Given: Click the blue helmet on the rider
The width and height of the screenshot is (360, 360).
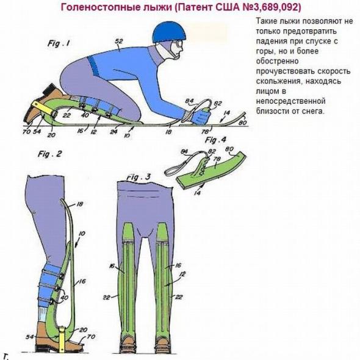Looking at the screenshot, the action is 169,34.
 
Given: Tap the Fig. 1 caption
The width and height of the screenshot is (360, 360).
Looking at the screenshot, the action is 59,43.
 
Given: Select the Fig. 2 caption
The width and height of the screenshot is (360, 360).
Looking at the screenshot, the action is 50,154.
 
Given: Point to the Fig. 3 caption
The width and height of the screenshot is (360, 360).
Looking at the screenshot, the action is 139,177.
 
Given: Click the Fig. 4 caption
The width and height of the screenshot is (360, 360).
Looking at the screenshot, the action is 215,140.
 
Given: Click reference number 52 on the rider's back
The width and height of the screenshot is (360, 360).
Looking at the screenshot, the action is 119,41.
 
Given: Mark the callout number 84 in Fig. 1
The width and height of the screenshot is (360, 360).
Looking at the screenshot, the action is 189,101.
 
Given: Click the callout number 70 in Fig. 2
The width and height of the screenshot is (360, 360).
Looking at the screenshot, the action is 91,337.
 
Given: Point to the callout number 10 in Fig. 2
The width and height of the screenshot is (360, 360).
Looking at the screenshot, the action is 82,234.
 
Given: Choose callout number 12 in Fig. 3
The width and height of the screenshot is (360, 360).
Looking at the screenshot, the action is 182,274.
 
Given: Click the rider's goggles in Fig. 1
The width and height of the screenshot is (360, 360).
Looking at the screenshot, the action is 178,46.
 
